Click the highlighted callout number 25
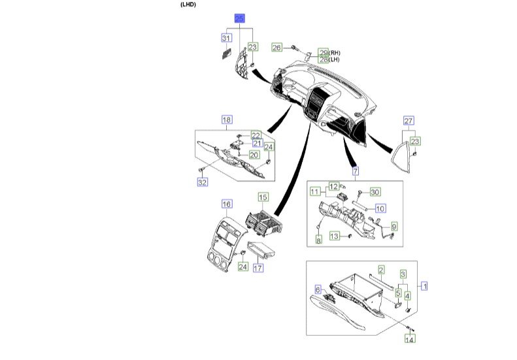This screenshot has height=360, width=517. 239,20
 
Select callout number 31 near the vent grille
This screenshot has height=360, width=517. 226,39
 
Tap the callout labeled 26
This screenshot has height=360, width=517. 276,48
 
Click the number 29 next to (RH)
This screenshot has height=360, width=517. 323,52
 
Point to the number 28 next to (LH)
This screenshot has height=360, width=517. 323,59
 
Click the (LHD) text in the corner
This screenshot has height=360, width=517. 188,5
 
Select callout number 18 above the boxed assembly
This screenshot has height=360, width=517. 227,120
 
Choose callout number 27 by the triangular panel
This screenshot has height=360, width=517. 409,121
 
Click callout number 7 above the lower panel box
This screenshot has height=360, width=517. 356,172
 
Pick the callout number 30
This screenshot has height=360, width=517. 375,191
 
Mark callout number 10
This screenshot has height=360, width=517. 380,208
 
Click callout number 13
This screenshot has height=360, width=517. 334,236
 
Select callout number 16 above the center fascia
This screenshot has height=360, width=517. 227,205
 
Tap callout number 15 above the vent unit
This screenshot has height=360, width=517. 263,197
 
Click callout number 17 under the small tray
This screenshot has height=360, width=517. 258,268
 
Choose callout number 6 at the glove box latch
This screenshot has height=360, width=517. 319,289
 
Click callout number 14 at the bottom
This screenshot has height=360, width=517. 410,339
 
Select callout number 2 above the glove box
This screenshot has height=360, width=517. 380,269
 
